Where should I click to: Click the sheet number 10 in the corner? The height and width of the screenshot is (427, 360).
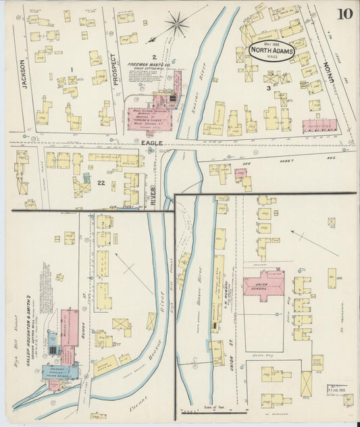(345, 13)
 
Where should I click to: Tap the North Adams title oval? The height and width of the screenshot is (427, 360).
(272, 52)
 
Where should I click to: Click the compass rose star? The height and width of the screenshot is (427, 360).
(178, 25)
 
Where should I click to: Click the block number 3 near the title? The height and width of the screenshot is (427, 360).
(268, 88)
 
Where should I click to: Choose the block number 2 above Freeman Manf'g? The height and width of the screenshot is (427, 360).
(154, 56)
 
